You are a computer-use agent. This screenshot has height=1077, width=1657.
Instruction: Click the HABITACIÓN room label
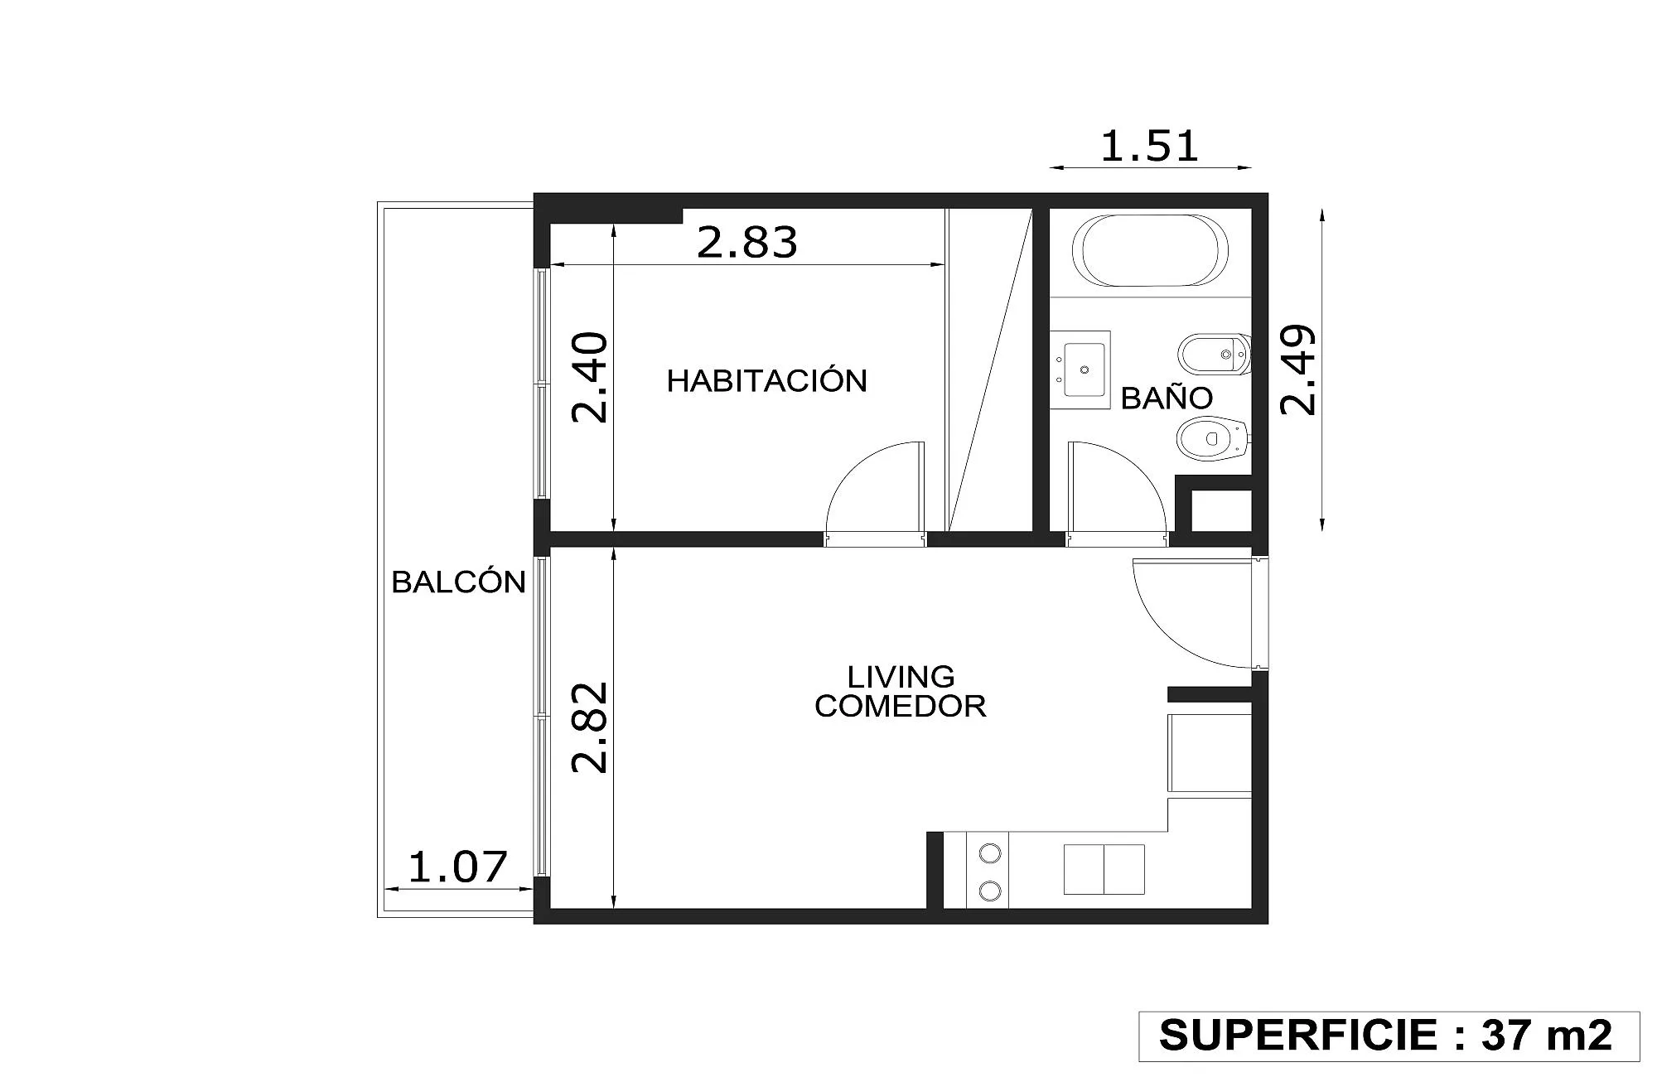pos(766,380)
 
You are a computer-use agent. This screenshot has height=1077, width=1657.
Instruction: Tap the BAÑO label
pos(1167,398)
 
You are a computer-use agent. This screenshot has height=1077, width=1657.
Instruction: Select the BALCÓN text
pos(458,582)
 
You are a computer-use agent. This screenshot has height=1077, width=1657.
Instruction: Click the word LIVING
pos(901,677)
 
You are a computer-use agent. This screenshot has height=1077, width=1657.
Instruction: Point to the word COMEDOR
pos(901,706)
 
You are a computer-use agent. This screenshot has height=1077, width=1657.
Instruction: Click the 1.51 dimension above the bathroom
pos(1149,147)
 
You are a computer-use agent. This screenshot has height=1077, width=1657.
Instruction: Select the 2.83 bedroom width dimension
pos(746,242)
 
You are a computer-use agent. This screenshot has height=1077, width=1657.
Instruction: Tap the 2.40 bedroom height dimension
pos(591,377)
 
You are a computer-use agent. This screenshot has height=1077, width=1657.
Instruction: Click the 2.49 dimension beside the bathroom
pos(1297,369)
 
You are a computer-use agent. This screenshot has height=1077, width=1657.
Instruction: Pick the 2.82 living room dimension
pos(591,727)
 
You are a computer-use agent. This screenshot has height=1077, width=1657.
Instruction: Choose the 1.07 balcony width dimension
pos(457,867)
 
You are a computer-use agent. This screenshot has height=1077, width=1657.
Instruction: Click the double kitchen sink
pos(1104,869)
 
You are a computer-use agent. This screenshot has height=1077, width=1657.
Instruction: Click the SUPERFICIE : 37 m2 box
pos(1389,1036)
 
